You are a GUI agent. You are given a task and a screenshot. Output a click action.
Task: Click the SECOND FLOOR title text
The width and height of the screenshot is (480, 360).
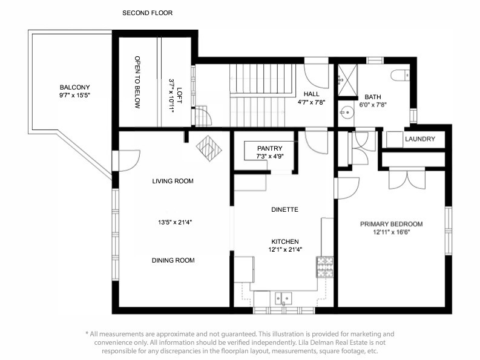tap(148, 13)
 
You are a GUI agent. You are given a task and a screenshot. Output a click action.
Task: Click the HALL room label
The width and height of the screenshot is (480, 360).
tap(311, 94)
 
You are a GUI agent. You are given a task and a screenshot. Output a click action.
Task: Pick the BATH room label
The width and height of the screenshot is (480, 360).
tap(373, 97)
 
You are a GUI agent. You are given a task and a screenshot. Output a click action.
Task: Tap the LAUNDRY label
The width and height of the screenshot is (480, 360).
tap(419, 139)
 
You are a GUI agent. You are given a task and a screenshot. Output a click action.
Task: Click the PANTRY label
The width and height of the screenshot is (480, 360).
tap(269, 148)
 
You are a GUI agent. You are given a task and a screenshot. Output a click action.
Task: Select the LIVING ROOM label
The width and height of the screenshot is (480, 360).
tap(173, 181)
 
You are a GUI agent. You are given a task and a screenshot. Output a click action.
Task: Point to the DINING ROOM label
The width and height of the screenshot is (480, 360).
tap(173, 260)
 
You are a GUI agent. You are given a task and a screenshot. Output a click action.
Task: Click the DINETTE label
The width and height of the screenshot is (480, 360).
tap(285, 209)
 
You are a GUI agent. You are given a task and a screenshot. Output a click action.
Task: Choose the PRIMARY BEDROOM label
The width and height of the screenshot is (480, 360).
tap(391, 224)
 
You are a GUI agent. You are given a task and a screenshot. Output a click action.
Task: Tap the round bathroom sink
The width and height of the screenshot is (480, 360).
tap(346, 111)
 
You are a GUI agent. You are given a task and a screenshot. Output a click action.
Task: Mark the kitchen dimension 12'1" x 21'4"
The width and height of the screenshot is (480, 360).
tap(285, 249)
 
